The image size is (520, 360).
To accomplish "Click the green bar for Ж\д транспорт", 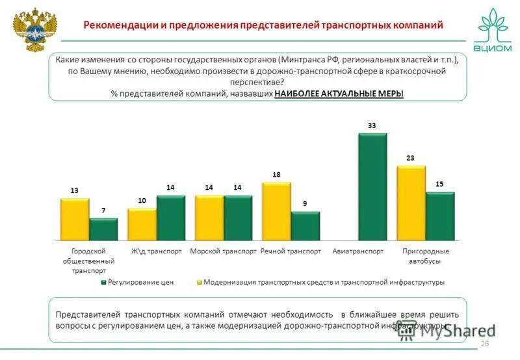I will [170, 218].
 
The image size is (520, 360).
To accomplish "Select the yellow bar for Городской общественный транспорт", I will [75, 220].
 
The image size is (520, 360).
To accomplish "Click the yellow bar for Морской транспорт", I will [209, 218].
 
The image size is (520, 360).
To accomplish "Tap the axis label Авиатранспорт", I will [358, 251].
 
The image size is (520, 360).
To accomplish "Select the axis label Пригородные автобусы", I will [426, 256].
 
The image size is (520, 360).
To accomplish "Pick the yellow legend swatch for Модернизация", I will [199, 283].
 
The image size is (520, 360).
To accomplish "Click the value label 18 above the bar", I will [276, 175].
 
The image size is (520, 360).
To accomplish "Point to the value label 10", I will [142, 201].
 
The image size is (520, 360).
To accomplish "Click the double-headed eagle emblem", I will [32, 29].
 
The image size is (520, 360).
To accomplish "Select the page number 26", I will [484, 343].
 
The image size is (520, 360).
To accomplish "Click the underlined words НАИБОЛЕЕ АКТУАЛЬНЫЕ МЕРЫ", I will [339, 94].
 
